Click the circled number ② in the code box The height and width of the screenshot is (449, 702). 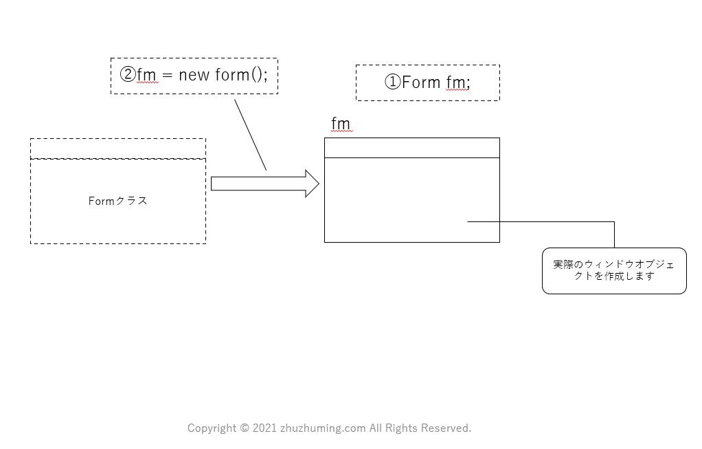128,75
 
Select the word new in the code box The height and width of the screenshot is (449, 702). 193,75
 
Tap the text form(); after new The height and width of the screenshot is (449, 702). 240,75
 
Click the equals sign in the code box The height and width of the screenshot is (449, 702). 168,76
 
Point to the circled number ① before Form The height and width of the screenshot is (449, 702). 392,83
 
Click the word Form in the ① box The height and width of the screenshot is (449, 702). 421,83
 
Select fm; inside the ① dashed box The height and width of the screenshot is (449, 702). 458,83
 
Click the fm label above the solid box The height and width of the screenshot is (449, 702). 341,124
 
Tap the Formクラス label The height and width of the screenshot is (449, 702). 118,201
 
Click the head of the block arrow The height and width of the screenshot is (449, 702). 312,184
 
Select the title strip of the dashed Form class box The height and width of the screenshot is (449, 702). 117,149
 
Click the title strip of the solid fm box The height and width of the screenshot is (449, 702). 411,148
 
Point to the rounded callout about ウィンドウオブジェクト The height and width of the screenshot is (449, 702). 614,271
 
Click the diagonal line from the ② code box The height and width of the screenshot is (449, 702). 250,135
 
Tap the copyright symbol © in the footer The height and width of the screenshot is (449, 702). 245,428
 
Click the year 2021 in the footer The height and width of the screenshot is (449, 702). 264,428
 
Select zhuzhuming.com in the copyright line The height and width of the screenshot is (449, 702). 323,428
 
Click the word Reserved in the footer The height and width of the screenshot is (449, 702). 446,428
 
